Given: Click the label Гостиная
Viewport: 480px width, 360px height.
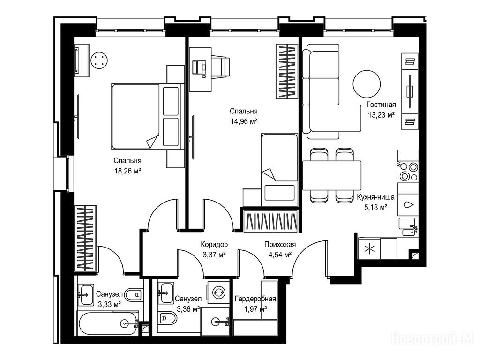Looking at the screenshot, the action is pyautogui.click(x=381, y=105).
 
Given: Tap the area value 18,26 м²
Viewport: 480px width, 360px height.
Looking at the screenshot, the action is pyautogui.click(x=127, y=171).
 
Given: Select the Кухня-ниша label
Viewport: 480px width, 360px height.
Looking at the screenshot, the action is pyautogui.click(x=375, y=197).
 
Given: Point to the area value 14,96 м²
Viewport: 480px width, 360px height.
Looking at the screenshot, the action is pyautogui.click(x=244, y=121).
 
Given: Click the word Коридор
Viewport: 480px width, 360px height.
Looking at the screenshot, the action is pyautogui.click(x=214, y=244).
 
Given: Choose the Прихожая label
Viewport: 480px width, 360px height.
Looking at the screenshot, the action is pyautogui.click(x=280, y=244).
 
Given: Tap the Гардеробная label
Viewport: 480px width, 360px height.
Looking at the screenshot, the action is pyautogui.click(x=255, y=299).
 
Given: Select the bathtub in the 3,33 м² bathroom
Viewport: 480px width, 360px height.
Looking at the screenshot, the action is pyautogui.click(x=109, y=323).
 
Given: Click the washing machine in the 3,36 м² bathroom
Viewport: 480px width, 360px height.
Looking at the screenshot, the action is pyautogui.click(x=218, y=292).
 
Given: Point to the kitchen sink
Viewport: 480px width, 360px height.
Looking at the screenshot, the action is pyautogui.click(x=408, y=227).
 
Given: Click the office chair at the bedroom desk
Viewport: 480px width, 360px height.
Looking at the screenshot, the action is pyautogui.click(x=220, y=66).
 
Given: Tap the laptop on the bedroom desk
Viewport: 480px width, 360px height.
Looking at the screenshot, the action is pyautogui.click(x=199, y=67).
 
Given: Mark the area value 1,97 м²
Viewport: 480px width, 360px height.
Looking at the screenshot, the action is pyautogui.click(x=255, y=309).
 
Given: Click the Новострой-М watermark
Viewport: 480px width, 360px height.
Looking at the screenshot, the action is pyautogui.click(x=433, y=338).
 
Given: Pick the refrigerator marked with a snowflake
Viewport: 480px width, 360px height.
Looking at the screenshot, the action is pyautogui.click(x=369, y=248).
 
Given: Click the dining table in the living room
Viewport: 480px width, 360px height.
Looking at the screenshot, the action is pyautogui.click(x=332, y=175).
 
